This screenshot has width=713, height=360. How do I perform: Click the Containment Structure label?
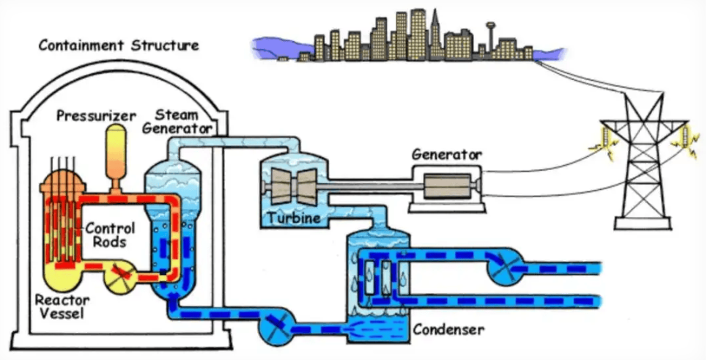[x=117, y=45]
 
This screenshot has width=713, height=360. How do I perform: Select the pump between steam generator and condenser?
[x=276, y=323]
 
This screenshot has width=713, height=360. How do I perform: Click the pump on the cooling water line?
[x=503, y=268]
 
